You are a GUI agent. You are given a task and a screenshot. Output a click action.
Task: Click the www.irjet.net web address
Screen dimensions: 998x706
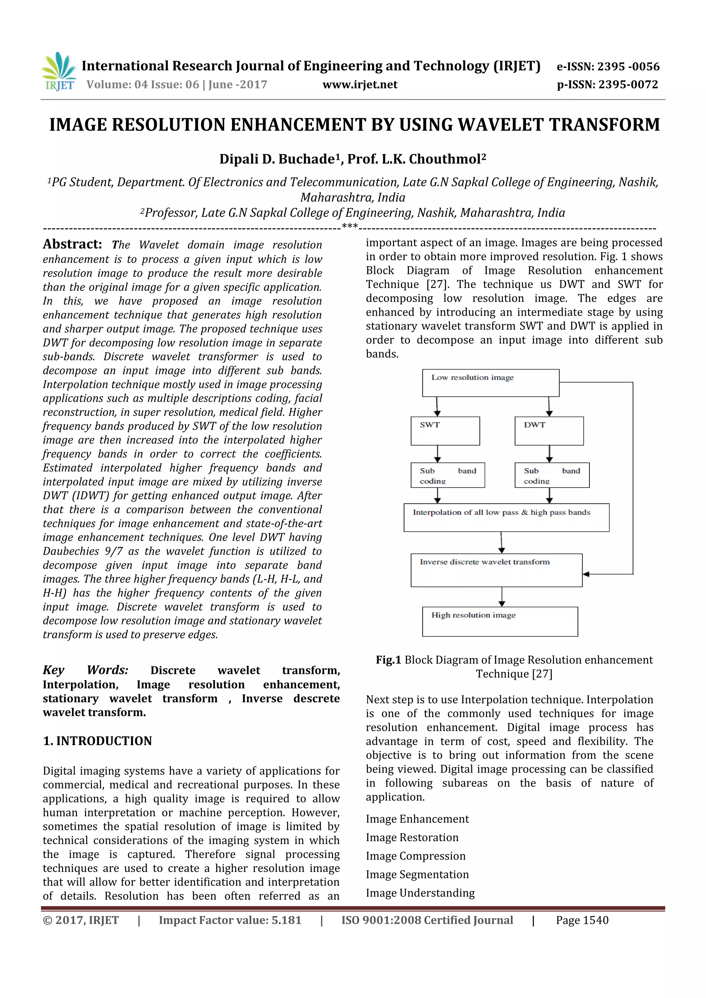click(360, 85)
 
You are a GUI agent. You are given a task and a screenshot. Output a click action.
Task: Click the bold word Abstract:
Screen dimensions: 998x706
click(72, 244)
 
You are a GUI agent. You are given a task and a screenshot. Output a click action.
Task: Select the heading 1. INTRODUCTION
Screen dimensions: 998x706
click(97, 741)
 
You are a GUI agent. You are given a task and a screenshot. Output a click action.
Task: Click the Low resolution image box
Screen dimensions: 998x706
click(491, 383)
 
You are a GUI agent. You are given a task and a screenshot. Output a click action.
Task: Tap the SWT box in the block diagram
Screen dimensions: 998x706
click(445, 431)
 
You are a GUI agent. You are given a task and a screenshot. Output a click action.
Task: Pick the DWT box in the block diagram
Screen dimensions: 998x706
click(549, 431)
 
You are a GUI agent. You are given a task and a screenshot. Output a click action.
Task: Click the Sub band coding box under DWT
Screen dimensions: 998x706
click(552, 475)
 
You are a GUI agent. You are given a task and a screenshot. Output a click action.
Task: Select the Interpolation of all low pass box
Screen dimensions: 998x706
click(506, 517)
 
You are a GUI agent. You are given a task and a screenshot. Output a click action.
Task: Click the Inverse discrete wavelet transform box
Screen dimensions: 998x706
click(496, 570)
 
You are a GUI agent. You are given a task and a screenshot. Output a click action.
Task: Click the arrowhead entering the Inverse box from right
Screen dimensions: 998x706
click(586, 574)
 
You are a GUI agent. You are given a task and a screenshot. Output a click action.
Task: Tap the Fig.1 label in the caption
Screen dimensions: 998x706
click(388, 660)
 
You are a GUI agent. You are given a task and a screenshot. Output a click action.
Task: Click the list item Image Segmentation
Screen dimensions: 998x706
click(417, 874)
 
